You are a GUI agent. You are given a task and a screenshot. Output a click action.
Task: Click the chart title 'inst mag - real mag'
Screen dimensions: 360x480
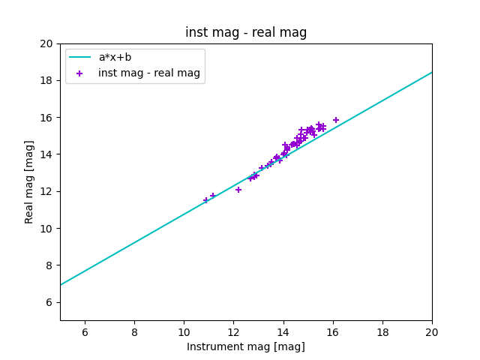(x=246, y=32)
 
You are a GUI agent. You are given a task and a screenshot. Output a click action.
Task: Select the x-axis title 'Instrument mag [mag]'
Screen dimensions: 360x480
(x=246, y=346)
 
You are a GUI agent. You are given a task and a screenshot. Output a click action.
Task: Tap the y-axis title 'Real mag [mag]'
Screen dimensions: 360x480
(x=30, y=181)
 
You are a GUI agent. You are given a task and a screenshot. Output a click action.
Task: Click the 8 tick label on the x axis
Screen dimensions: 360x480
(x=134, y=331)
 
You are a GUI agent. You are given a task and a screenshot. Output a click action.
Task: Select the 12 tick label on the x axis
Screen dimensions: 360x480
(x=233, y=331)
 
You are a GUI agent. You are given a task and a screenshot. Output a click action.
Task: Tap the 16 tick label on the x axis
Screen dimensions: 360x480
(x=333, y=331)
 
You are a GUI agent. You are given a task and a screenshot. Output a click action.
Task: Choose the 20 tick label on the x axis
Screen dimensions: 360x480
(x=432, y=331)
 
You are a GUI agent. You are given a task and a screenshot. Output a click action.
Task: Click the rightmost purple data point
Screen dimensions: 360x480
(x=336, y=120)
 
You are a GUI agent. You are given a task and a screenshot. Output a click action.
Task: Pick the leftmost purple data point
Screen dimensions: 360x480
(x=206, y=200)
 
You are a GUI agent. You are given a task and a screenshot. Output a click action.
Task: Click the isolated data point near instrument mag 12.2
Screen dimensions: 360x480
(x=238, y=190)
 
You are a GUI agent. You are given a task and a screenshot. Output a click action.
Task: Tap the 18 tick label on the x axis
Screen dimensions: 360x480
(x=382, y=331)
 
